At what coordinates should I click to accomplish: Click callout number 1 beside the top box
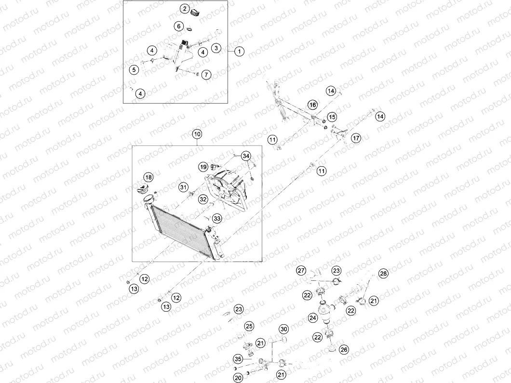pyautogui.click(x=239, y=51)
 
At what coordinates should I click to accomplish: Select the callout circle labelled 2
pyautogui.click(x=185, y=9)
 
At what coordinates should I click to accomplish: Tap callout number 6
pyautogui.click(x=178, y=26)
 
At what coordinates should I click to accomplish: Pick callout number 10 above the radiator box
pyautogui.click(x=197, y=134)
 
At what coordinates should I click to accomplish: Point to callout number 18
pyautogui.click(x=148, y=177)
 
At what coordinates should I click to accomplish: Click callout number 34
pyautogui.click(x=246, y=156)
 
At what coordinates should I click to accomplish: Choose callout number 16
pyautogui.click(x=312, y=105)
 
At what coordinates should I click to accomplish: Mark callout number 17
pyautogui.click(x=356, y=138)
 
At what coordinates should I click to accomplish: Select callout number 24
pyautogui.click(x=313, y=317)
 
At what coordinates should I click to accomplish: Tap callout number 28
pyautogui.click(x=383, y=273)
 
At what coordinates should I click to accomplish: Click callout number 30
pyautogui.click(x=284, y=329)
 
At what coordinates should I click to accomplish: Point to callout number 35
pyautogui.click(x=238, y=359)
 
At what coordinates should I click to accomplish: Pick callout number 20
pyautogui.click(x=238, y=378)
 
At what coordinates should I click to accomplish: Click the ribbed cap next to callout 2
pyautogui.click(x=196, y=13)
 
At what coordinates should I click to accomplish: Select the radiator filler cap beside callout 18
pyautogui.click(x=142, y=188)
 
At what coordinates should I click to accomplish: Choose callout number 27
pyautogui.click(x=301, y=270)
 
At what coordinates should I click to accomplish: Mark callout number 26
pyautogui.click(x=344, y=349)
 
